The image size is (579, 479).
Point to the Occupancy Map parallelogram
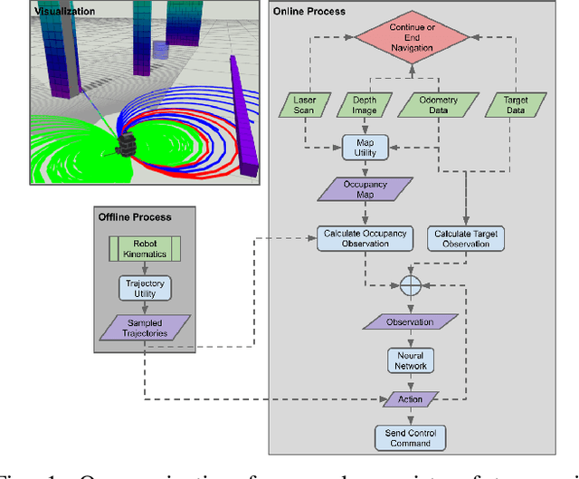click(364, 189)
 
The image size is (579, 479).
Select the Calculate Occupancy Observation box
click(364, 238)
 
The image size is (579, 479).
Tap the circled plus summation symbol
click(412, 284)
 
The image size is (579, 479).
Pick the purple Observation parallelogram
click(411, 322)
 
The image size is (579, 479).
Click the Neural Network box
click(411, 360)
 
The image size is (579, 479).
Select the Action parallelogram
click(411, 398)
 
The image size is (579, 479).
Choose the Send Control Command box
click(411, 437)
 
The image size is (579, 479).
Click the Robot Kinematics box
click(145, 247)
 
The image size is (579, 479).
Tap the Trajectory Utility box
click(145, 289)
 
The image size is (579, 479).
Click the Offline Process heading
click(135, 217)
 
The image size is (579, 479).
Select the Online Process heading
click(309, 12)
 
